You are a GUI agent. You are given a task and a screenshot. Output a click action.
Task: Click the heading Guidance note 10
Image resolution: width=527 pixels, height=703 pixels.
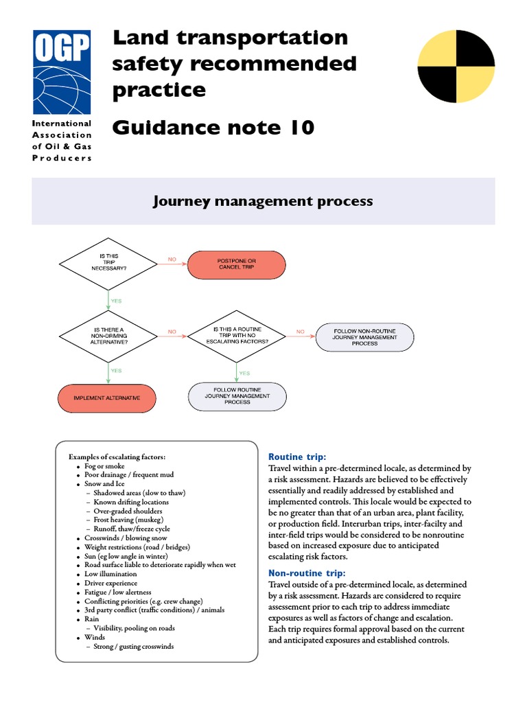point(213,128)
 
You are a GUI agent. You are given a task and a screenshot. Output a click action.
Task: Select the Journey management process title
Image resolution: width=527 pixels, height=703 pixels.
point(263,201)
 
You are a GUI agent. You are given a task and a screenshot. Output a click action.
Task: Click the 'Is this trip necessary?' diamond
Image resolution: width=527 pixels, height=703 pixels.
point(109,262)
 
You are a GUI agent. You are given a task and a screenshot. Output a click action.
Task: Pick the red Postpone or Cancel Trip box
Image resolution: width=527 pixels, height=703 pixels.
point(236,263)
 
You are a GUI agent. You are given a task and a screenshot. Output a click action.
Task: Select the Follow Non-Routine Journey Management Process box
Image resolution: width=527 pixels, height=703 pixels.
point(364,336)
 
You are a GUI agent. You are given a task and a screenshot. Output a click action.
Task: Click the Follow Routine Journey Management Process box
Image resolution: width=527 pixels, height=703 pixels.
point(237,396)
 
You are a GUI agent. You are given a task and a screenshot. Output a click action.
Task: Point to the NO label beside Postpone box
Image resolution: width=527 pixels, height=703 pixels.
point(172,260)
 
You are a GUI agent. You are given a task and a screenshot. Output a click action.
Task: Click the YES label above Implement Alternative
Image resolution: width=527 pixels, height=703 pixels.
point(116,371)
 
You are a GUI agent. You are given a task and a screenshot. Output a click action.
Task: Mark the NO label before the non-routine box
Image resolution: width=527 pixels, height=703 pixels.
point(300,332)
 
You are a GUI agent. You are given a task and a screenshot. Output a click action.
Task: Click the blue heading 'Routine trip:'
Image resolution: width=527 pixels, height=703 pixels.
point(296,457)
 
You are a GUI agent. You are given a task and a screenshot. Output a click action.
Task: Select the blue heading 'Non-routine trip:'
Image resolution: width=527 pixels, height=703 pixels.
point(307,573)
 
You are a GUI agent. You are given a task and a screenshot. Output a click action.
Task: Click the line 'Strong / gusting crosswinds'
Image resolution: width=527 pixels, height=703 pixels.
point(134,646)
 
